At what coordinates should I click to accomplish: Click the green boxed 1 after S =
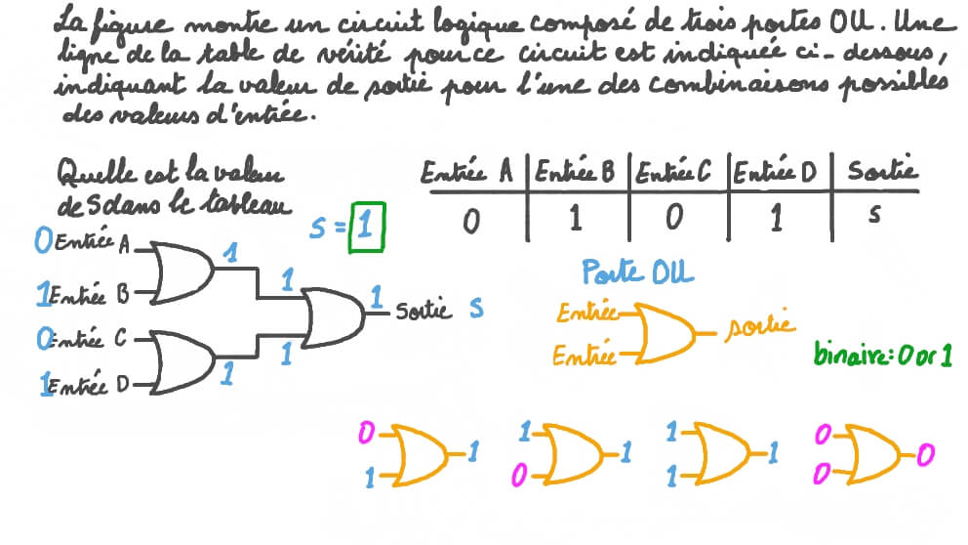coord(366,227)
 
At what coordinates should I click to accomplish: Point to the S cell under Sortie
coord(874,216)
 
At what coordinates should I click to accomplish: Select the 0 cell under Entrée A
coord(471,221)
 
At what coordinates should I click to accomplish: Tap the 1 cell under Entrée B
coord(575,219)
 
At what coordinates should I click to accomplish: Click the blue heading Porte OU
coord(637,272)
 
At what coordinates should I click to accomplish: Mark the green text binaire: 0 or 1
coord(883,354)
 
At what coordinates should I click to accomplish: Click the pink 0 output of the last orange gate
coord(924,453)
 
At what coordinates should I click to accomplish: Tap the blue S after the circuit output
coord(476,309)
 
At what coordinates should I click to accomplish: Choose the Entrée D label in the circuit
coord(93,386)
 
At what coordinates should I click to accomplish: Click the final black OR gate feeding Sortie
coord(334,316)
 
